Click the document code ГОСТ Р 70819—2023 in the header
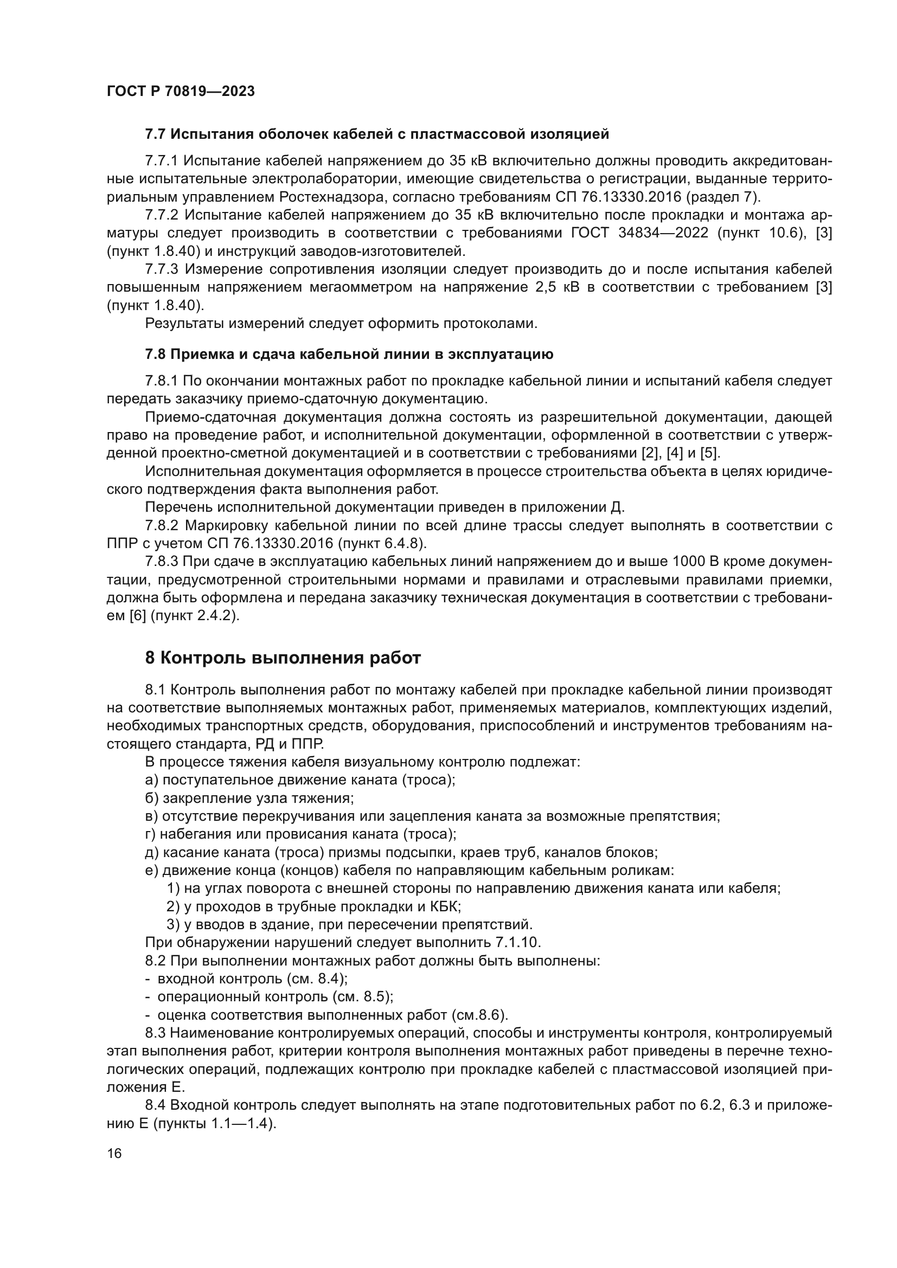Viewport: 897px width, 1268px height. click(181, 91)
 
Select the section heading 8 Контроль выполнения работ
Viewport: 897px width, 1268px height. click(283, 658)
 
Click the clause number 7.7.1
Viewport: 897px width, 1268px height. click(161, 161)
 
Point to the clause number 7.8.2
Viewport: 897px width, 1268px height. click(161, 526)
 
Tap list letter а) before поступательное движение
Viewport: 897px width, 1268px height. click(151, 780)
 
